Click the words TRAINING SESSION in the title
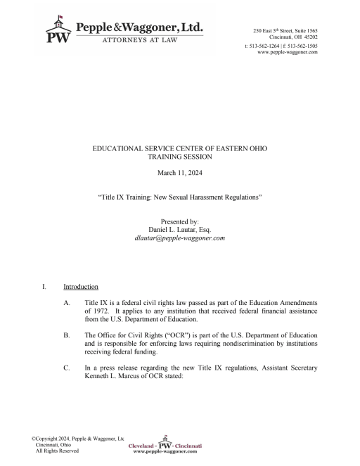(180, 157)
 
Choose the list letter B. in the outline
(67, 337)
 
